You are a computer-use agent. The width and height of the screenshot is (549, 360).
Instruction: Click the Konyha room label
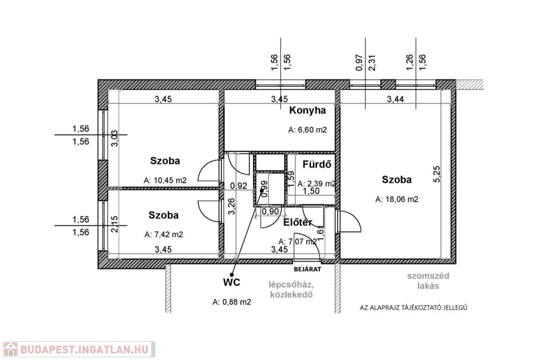[307, 111]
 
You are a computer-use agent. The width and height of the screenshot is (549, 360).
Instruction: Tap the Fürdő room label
[316, 164]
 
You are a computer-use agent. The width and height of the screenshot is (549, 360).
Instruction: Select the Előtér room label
[298, 223]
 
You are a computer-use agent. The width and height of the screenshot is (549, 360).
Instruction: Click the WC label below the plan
[232, 282]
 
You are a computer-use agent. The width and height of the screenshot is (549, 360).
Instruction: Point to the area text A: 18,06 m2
[397, 199]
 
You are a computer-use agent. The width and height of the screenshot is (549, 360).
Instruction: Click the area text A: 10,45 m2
[165, 180]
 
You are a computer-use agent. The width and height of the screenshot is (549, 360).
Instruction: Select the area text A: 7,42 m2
[164, 234]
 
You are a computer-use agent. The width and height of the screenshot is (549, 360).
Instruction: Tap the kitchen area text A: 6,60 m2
[307, 130]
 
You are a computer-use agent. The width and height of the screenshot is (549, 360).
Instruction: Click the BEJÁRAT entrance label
[307, 269]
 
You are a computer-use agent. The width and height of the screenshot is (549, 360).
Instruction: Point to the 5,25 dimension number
[437, 174]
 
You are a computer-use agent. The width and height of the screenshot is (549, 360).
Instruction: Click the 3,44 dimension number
[395, 99]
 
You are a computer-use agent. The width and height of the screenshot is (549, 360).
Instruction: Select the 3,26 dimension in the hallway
[232, 207]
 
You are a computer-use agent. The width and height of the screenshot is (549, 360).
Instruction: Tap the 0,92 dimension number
[239, 186]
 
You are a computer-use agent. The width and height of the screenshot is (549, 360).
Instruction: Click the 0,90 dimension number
[270, 211]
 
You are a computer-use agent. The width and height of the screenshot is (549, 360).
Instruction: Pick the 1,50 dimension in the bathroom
[311, 191]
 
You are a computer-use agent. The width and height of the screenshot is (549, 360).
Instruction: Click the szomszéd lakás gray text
[428, 281]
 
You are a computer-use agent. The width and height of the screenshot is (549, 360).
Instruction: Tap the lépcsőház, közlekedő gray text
[291, 289]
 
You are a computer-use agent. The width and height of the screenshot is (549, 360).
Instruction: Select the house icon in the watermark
[10, 349]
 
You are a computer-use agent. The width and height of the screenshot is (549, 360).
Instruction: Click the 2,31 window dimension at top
[372, 63]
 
